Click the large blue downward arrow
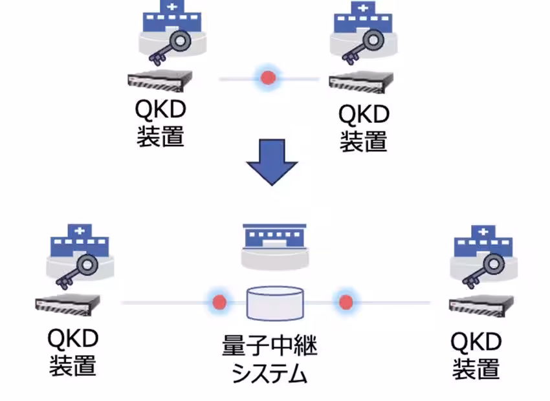tap(272, 163)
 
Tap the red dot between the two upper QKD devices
tap(268, 78)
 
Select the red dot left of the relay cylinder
tap(220, 301)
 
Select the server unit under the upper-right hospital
tap(360, 82)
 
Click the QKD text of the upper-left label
tap(159, 111)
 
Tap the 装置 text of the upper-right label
tap(363, 140)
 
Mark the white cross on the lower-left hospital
tap(79, 231)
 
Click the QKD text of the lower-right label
tap(476, 341)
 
